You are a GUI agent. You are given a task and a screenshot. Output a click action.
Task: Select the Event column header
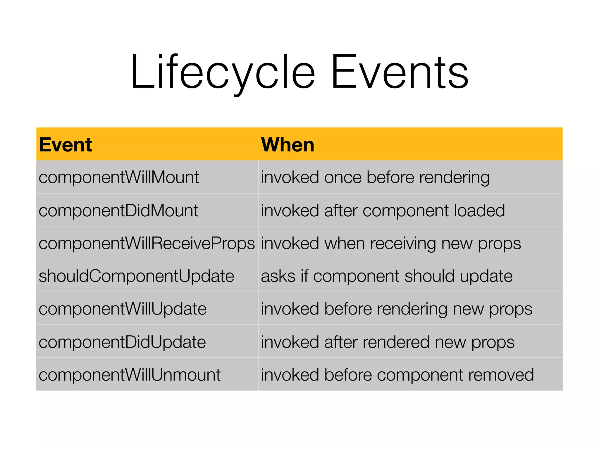(66, 145)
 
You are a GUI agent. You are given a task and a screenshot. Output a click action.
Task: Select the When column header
(288, 145)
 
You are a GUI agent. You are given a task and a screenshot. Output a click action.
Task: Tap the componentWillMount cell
(119, 177)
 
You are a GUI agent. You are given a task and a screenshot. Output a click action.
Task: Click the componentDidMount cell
(118, 210)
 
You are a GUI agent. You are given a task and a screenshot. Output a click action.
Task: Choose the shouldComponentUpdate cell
(136, 276)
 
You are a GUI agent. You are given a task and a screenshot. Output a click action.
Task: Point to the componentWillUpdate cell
(123, 309)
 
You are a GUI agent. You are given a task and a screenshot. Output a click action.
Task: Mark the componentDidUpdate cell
(122, 342)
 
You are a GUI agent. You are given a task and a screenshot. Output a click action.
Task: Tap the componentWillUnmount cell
(129, 375)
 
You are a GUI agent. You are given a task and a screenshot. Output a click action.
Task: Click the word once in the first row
(343, 177)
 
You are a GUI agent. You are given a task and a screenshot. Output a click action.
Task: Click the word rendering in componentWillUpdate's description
(412, 309)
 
